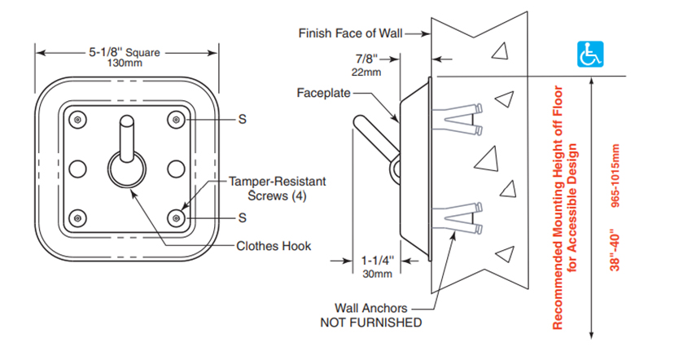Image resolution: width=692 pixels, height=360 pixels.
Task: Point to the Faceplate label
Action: (322, 94)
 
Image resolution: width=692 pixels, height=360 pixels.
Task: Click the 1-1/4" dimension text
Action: (377, 261)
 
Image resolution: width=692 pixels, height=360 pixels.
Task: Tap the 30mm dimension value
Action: (377, 274)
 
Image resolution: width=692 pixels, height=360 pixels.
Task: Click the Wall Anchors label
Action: (370, 309)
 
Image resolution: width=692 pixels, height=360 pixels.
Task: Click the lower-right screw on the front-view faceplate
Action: (178, 217)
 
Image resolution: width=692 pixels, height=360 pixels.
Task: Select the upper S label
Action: (242, 120)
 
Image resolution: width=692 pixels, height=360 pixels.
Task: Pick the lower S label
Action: (242, 217)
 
